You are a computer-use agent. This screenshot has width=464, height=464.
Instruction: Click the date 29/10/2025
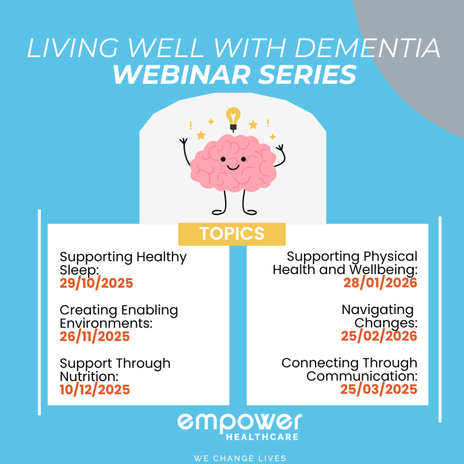(97, 283)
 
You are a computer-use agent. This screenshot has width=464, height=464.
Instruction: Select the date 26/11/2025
(95, 337)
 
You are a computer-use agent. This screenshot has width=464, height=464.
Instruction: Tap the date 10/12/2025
(95, 390)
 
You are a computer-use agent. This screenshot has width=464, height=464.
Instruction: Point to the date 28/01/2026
(380, 283)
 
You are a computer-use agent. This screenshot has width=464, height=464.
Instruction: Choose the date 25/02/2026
(379, 336)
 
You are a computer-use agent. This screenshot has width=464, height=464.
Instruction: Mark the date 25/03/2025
(379, 389)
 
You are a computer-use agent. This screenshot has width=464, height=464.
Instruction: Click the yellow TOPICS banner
(232, 234)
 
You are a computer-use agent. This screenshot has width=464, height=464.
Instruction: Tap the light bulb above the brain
(233, 119)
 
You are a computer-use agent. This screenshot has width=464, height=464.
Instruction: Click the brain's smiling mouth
(233, 168)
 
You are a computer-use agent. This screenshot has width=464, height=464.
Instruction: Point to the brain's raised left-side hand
(184, 141)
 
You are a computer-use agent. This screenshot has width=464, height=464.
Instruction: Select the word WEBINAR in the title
(182, 75)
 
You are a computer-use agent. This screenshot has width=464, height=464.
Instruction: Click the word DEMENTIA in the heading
(367, 48)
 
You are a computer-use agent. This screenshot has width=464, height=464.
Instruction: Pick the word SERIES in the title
(307, 75)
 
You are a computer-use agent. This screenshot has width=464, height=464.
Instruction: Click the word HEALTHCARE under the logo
(262, 437)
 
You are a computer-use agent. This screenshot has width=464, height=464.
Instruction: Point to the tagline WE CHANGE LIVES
(240, 459)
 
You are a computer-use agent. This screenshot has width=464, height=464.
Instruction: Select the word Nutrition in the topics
(89, 377)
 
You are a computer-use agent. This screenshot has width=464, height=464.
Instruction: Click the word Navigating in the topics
(377, 310)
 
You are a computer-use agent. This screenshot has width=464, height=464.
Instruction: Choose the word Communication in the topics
(362, 377)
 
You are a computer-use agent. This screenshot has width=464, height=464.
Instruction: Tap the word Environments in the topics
(106, 323)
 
